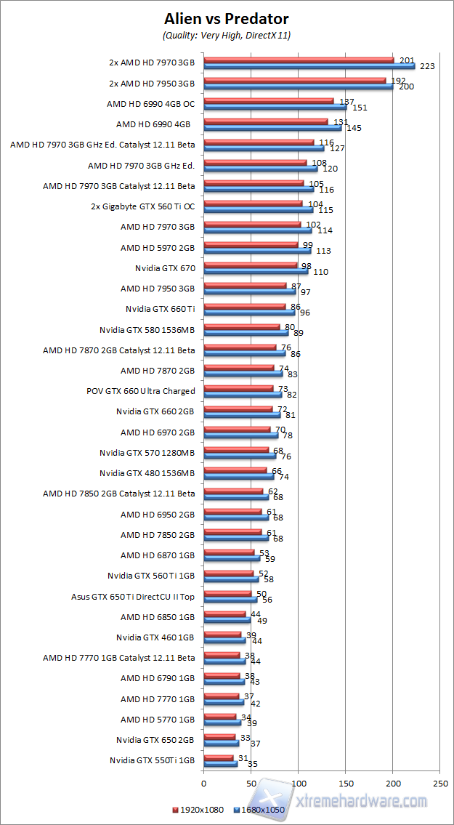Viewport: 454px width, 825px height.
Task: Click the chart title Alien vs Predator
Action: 227,19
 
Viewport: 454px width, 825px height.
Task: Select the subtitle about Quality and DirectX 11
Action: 227,35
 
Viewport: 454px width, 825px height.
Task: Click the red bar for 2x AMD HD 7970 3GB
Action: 298,60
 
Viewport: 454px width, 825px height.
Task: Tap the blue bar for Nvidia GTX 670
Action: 256,271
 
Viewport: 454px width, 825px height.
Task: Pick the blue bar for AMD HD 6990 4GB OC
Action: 275,107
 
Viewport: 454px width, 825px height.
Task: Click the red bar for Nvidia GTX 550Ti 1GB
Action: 218,757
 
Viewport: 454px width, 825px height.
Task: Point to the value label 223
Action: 427,66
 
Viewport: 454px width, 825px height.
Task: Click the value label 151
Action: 359,108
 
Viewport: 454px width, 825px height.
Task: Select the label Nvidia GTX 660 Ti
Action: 160,309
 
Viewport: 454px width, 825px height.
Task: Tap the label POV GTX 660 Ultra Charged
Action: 141,391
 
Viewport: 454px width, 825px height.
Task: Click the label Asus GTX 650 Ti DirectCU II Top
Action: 133,597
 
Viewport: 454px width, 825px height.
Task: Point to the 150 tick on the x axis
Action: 346,784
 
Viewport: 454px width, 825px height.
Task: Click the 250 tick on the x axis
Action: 440,784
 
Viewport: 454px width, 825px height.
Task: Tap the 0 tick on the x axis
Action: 204,784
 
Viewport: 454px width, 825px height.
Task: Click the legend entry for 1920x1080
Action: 197,809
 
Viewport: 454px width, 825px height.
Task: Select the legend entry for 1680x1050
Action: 259,809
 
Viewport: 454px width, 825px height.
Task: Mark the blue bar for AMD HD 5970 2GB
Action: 257,251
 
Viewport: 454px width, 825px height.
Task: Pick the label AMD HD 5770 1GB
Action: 158,720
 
